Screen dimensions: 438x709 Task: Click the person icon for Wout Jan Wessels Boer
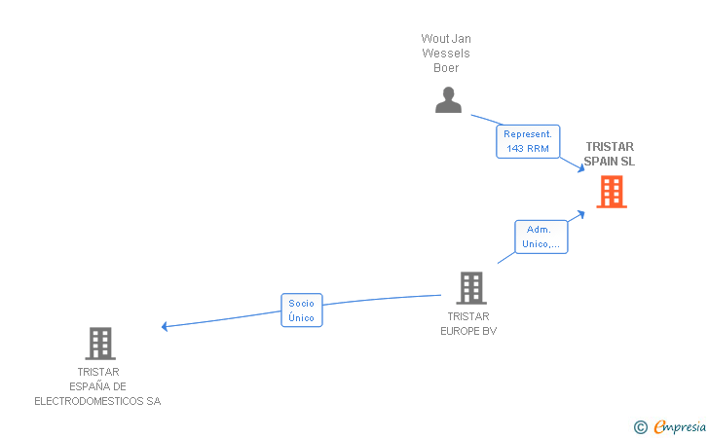pos(448,100)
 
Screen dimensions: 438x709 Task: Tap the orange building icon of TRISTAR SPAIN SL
pos(611,192)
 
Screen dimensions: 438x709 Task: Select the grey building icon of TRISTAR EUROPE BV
pos(471,288)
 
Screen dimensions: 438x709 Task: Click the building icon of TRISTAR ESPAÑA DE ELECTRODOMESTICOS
pos(100,344)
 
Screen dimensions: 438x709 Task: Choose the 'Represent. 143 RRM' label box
pos(528,141)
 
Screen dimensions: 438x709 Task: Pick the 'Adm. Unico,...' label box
pos(541,237)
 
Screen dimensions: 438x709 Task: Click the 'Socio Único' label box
pos(301,310)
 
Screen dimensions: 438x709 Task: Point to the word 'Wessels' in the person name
pos(446,54)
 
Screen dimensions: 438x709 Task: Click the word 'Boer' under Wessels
pos(446,68)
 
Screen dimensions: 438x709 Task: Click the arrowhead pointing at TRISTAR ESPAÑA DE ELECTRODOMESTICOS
pos(166,326)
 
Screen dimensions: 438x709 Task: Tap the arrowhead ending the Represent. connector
pos(578,168)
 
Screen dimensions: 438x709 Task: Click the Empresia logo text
pos(680,426)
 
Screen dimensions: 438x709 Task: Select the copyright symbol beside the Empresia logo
pos(640,426)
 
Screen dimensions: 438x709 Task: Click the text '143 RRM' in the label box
pos(528,149)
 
